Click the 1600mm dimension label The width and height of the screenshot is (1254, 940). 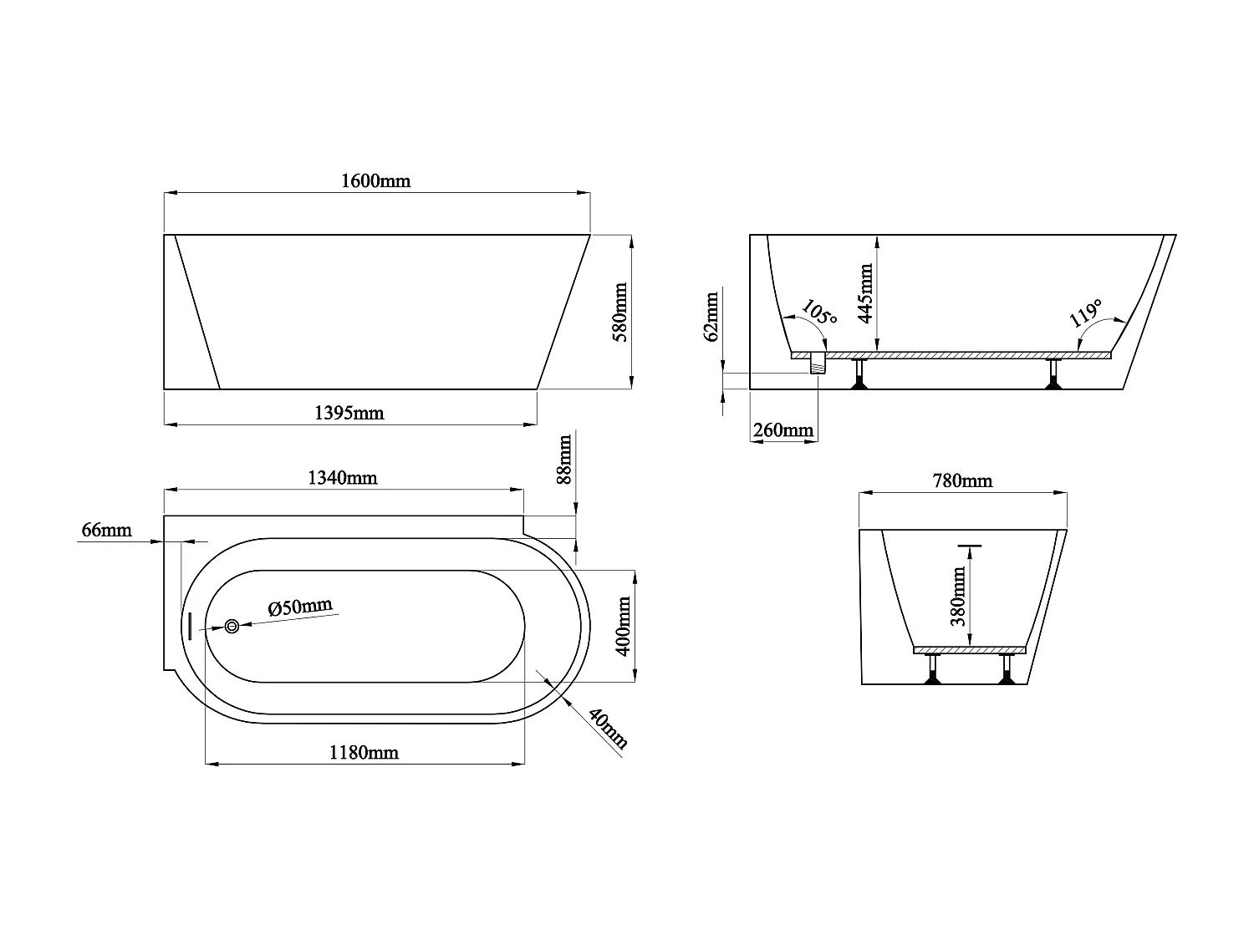(376, 180)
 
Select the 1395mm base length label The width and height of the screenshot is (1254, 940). (349, 412)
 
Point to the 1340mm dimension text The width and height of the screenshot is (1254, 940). (343, 478)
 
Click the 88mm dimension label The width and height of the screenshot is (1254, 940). (564, 460)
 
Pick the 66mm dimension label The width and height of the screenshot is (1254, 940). (106, 530)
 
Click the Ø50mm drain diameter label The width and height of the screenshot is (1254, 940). (300, 607)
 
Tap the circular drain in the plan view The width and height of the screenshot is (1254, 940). (232, 626)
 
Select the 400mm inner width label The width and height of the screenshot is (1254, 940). (621, 626)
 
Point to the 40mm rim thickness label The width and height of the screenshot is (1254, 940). (608, 729)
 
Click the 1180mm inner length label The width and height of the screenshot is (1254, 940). (364, 753)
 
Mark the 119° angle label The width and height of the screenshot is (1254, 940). (1086, 314)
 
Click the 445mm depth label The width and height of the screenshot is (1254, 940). (865, 292)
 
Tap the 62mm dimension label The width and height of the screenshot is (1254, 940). (711, 317)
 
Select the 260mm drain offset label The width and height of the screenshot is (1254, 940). (783, 430)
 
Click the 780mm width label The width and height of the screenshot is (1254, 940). (962, 481)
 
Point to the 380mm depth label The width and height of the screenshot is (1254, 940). (958, 596)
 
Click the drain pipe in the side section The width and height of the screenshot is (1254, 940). (818, 363)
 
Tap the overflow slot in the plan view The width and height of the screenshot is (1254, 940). (191, 626)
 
